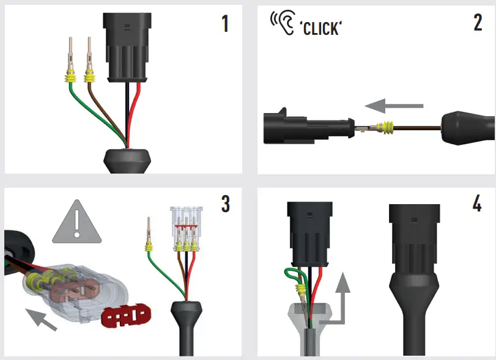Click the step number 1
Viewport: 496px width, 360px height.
click(224, 24)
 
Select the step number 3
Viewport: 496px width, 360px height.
click(225, 204)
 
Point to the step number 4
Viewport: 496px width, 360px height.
click(477, 204)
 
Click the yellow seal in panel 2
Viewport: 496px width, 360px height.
click(386, 128)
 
